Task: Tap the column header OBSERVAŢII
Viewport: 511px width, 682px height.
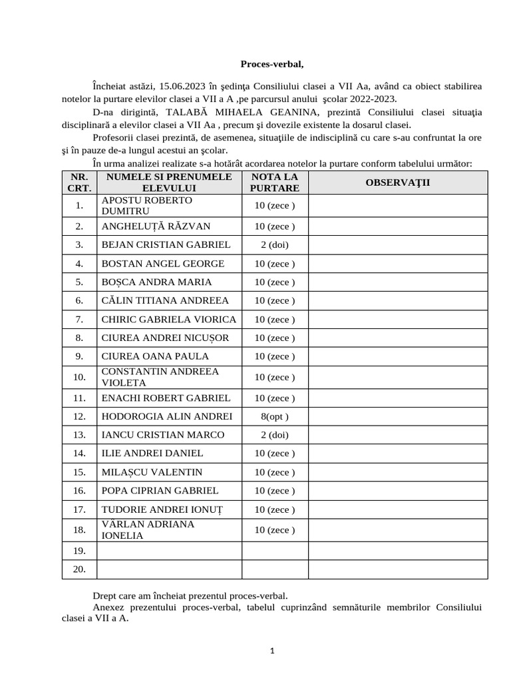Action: click(x=398, y=182)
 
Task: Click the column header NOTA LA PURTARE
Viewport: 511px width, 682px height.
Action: click(x=275, y=182)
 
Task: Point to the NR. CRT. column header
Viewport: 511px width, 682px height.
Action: click(x=79, y=182)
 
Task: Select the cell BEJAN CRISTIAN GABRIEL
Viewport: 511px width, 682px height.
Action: click(x=166, y=244)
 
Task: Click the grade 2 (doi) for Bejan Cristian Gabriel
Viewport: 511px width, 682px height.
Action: click(x=275, y=244)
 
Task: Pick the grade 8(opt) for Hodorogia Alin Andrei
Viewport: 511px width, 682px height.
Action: click(x=275, y=416)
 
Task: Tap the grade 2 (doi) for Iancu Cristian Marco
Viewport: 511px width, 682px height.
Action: click(x=275, y=435)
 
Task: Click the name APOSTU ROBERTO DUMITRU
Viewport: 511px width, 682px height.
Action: click(x=146, y=205)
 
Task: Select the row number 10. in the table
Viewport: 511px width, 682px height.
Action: click(x=79, y=378)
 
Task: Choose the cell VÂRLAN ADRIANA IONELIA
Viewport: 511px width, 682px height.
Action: click(x=148, y=530)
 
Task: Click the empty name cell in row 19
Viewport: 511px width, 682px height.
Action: click(x=169, y=551)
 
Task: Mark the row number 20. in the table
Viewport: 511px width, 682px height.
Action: click(x=79, y=569)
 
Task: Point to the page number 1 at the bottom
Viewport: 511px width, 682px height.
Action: click(x=272, y=651)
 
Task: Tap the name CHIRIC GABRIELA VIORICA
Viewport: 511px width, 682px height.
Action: click(x=168, y=319)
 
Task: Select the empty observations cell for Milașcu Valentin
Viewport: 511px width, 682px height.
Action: click(x=398, y=472)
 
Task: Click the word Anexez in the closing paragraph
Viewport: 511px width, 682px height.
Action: click(x=109, y=607)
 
